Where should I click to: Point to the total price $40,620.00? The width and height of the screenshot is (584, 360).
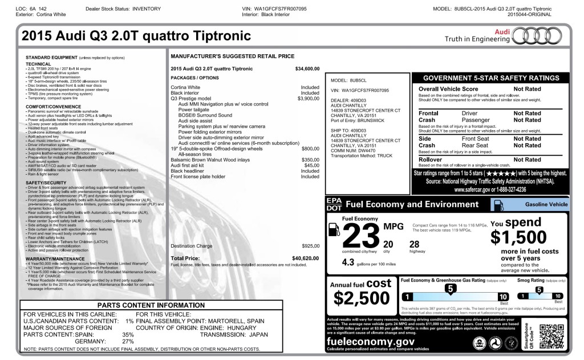pyautogui.click(x=305, y=258)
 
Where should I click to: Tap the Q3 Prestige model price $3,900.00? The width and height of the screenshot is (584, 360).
pyautogui.click(x=308, y=99)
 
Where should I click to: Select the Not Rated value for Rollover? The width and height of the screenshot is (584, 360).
pyautogui.click(x=527, y=160)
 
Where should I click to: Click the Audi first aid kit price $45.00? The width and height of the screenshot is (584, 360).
pyautogui.click(x=311, y=165)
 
